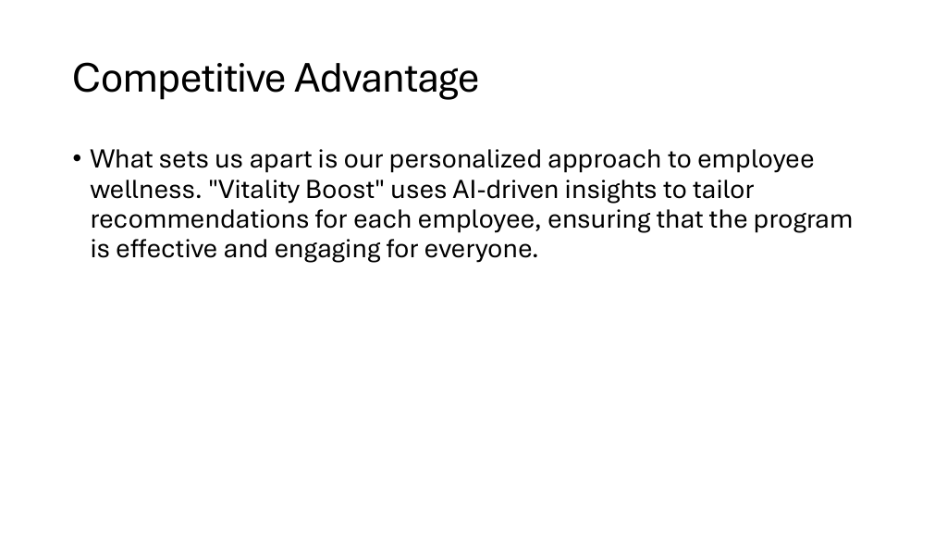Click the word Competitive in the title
[x=178, y=79]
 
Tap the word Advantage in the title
[x=387, y=79]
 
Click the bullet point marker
[x=77, y=159]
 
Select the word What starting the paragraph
[x=121, y=159]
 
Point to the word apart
[x=281, y=160]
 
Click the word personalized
[x=465, y=160]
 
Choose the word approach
[x=604, y=160]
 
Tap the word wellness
[x=145, y=190]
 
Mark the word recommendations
[x=200, y=219]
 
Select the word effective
[x=166, y=249]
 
